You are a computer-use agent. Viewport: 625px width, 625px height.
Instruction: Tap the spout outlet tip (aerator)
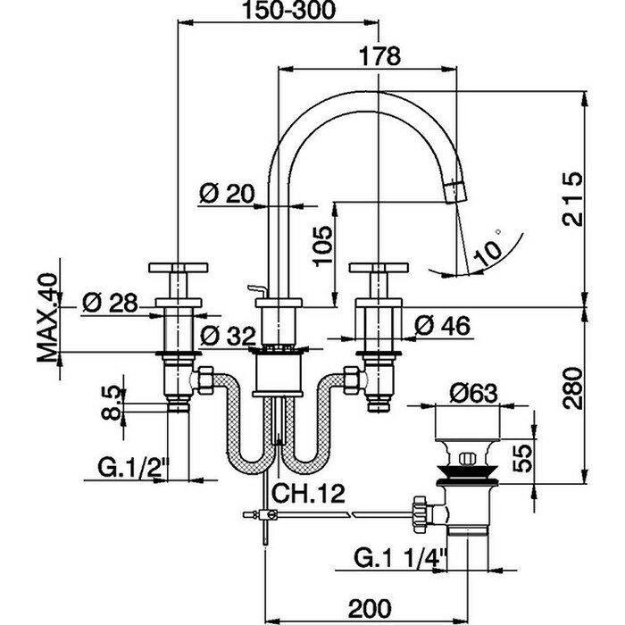[x=456, y=189]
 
